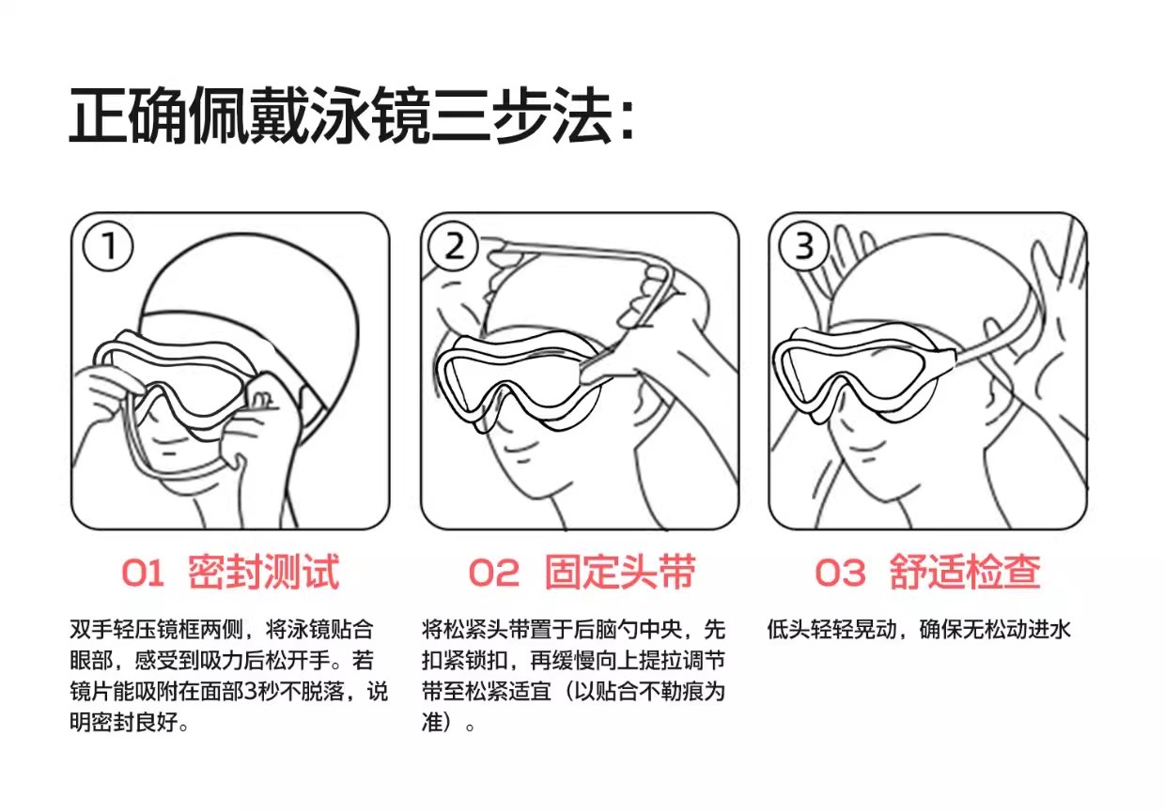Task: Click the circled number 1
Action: pos(108,246)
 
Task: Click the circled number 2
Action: pos(454,246)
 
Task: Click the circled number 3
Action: pos(804,246)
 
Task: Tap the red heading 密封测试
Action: pos(264,572)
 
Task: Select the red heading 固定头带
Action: pos(620,572)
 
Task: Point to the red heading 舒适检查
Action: pos(965,572)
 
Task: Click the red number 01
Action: pos(143,574)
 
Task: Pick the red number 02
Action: pos(493,574)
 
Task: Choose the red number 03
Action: pos(840,574)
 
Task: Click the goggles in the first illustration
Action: pos(175,382)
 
